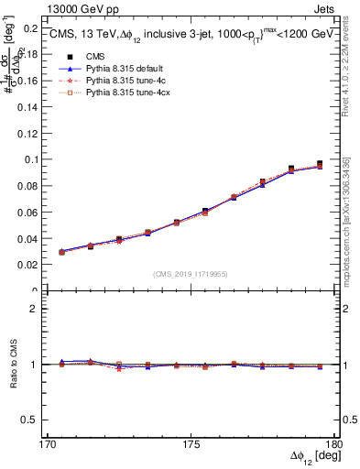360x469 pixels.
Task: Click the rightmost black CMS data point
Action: click(x=320, y=164)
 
